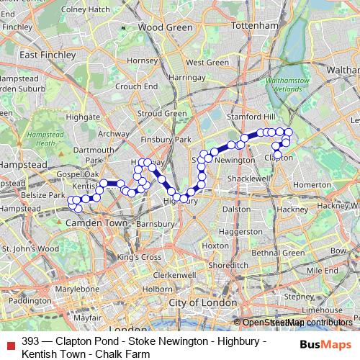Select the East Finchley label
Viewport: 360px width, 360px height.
(x=48, y=55)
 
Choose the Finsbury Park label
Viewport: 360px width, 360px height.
(x=166, y=139)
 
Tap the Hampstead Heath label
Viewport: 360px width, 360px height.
(x=40, y=139)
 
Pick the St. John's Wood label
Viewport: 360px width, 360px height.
(x=30, y=249)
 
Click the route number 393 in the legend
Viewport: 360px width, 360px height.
(x=31, y=341)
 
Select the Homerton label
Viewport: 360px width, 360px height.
(x=311, y=184)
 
